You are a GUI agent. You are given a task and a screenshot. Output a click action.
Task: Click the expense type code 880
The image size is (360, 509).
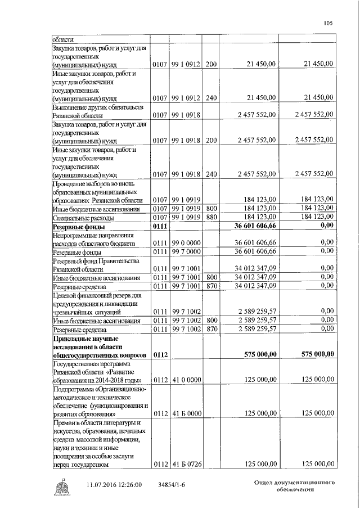(x=211, y=217)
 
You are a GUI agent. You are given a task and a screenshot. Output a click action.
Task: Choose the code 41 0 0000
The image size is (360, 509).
(x=186, y=381)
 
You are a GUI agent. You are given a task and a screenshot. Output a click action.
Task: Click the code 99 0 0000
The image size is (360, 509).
(x=186, y=243)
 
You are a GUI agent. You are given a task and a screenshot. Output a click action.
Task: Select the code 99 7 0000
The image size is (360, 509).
(x=186, y=251)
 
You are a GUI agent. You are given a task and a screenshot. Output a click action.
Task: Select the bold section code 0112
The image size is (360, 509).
(x=160, y=355)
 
